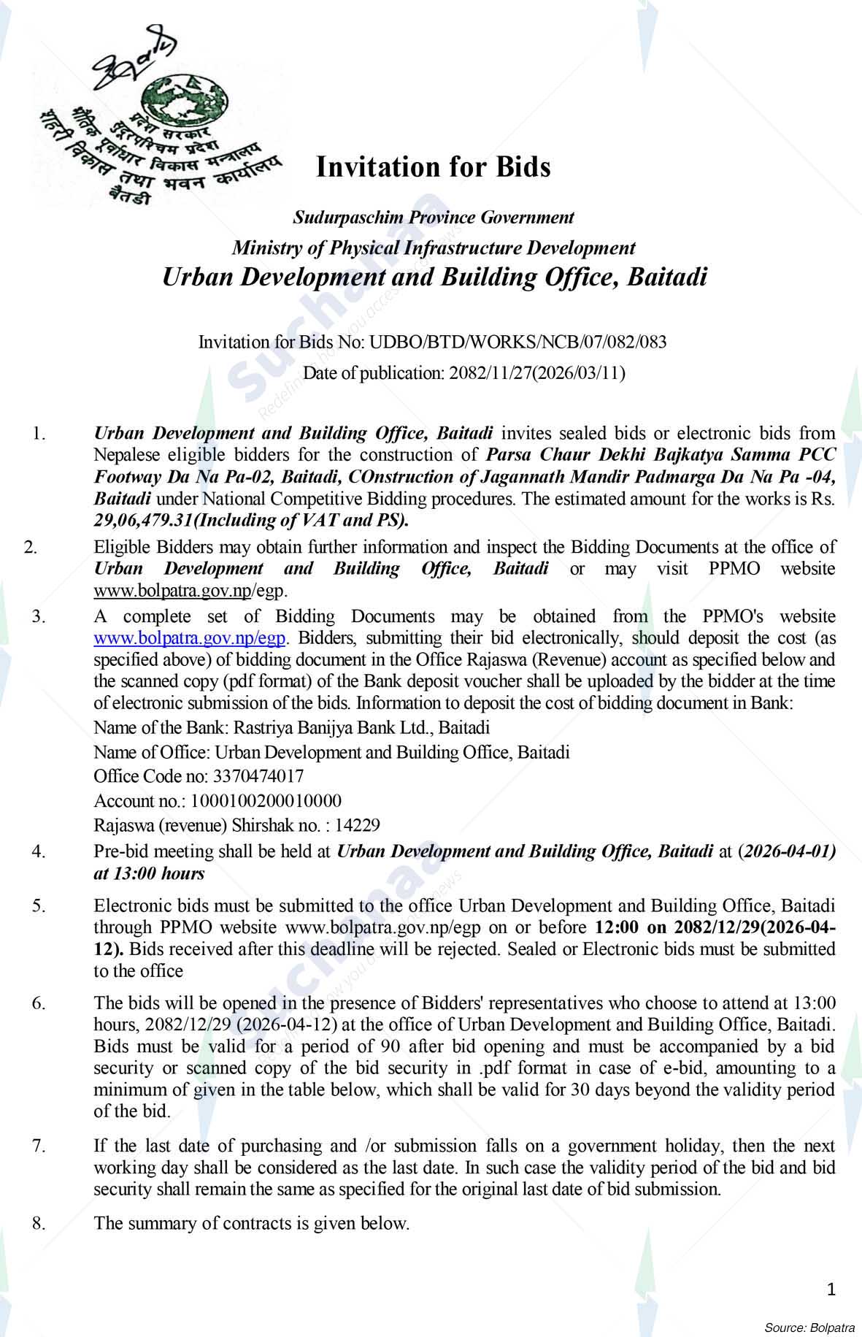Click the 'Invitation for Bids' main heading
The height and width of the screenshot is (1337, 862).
[433, 167]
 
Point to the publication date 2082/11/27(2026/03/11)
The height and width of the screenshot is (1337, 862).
[537, 373]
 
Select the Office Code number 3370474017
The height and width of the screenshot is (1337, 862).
[258, 775]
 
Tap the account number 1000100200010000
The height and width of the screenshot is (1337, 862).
[266, 801]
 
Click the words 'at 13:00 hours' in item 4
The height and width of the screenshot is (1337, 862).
[150, 873]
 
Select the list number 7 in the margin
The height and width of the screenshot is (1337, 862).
[39, 1146]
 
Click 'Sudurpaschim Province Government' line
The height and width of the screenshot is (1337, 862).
[433, 218]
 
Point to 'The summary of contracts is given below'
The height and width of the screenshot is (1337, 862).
[252, 1223]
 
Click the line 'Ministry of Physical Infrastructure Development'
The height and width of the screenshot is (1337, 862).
[433, 248]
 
